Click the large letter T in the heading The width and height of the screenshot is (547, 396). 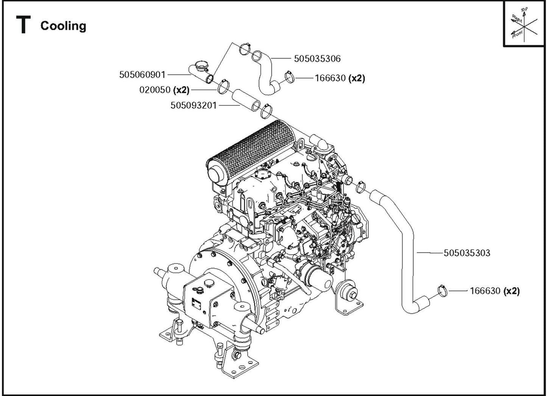point(23,25)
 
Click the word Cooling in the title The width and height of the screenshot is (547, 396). point(63,26)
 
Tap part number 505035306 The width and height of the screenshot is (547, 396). point(317,59)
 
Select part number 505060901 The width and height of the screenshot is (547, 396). point(142,75)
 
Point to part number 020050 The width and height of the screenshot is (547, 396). point(155,90)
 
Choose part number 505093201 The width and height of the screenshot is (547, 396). point(193,105)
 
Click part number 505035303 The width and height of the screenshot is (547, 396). point(467,253)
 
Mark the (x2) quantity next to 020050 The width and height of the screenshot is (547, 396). point(181,90)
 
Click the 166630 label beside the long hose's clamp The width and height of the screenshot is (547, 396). point(485,291)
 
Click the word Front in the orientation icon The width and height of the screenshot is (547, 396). point(517,34)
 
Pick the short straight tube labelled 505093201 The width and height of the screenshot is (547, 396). point(246,100)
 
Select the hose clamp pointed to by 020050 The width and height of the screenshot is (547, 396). point(223,88)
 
